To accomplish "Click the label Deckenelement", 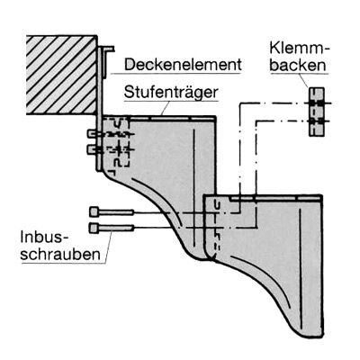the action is click(x=183, y=65).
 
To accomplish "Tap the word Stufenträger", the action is click(x=171, y=93).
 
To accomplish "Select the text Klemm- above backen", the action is click(x=300, y=49).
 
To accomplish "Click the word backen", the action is click(x=298, y=65).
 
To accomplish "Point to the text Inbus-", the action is click(x=44, y=237).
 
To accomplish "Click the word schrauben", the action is click(x=60, y=255).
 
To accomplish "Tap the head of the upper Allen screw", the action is click(x=94, y=212).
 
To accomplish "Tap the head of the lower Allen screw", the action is click(x=94, y=228).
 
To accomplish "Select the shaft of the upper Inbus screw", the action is click(x=116, y=212).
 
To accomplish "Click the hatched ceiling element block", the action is click(x=61, y=75).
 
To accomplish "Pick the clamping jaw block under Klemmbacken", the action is click(x=317, y=112).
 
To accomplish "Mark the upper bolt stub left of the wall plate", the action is click(x=93, y=134).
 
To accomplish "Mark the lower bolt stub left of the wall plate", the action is click(x=93, y=149).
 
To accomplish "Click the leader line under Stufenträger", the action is click(x=166, y=108).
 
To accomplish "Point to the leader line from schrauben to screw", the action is click(x=108, y=247).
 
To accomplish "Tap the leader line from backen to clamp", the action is click(x=304, y=80).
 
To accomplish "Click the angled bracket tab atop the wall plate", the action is click(x=107, y=61).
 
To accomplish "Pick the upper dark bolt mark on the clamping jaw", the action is click(x=317, y=103).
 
